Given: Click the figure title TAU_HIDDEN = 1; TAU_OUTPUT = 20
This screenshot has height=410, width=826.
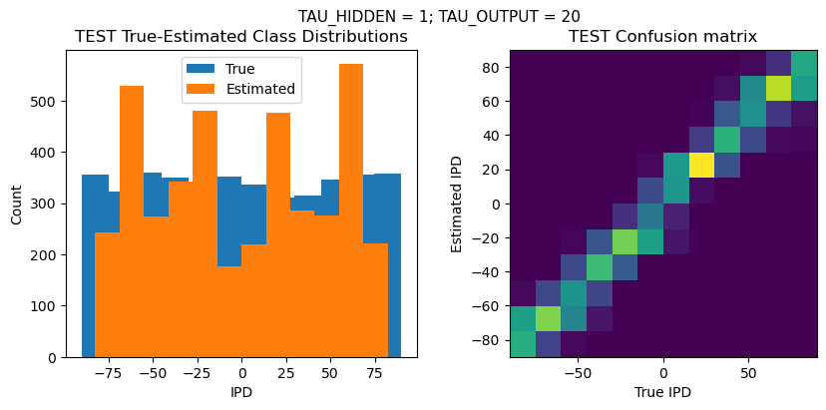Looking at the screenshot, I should click(439, 16).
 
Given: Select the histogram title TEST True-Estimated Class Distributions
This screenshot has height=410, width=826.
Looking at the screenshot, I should click(241, 37).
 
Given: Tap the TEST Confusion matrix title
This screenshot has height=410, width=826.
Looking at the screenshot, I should click(662, 37).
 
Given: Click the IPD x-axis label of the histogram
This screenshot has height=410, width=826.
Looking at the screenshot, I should click(241, 392).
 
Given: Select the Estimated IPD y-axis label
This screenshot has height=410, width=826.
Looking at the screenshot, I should click(457, 204).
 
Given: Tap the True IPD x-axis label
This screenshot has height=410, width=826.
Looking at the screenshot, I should click(662, 392).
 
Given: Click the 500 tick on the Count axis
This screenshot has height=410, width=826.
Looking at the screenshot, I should click(47, 101).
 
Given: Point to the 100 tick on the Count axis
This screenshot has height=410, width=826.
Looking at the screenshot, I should click(47, 306).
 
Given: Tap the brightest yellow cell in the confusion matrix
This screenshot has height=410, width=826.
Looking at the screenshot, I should click(701, 165).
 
